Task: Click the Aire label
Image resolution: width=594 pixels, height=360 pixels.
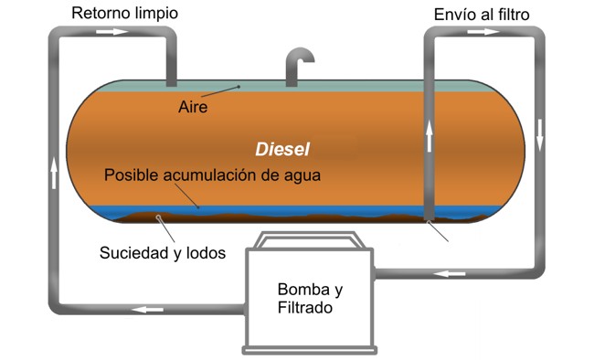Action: (193, 107)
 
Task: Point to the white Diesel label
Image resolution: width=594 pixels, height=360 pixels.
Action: (282, 149)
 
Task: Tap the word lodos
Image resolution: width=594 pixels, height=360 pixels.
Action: (206, 253)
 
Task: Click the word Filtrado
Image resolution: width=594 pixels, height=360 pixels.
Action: (305, 307)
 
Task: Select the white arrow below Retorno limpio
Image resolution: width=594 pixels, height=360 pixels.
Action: (112, 32)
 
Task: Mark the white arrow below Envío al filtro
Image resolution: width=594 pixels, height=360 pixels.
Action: (483, 32)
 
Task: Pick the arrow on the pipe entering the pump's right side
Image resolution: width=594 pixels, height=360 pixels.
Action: (450, 273)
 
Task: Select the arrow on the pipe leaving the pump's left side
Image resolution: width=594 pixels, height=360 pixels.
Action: (147, 310)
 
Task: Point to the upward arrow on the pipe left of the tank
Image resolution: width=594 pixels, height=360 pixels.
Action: (54, 173)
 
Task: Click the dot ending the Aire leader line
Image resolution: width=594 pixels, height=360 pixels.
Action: (239, 87)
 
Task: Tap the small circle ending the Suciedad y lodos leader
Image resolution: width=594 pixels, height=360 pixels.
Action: (158, 217)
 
